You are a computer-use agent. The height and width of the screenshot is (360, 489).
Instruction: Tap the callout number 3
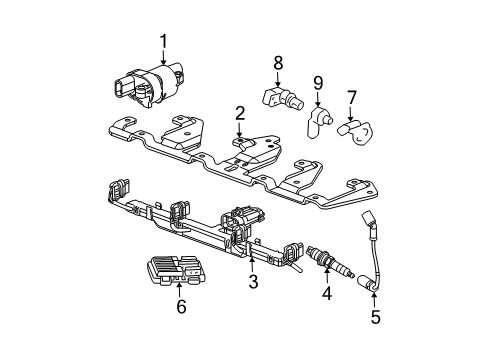[x=253, y=283]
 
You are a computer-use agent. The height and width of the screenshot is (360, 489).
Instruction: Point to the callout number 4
[x=325, y=293]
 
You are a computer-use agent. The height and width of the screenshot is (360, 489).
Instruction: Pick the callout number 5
[x=376, y=319]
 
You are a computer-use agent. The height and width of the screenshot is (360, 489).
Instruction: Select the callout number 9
[x=318, y=82]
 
